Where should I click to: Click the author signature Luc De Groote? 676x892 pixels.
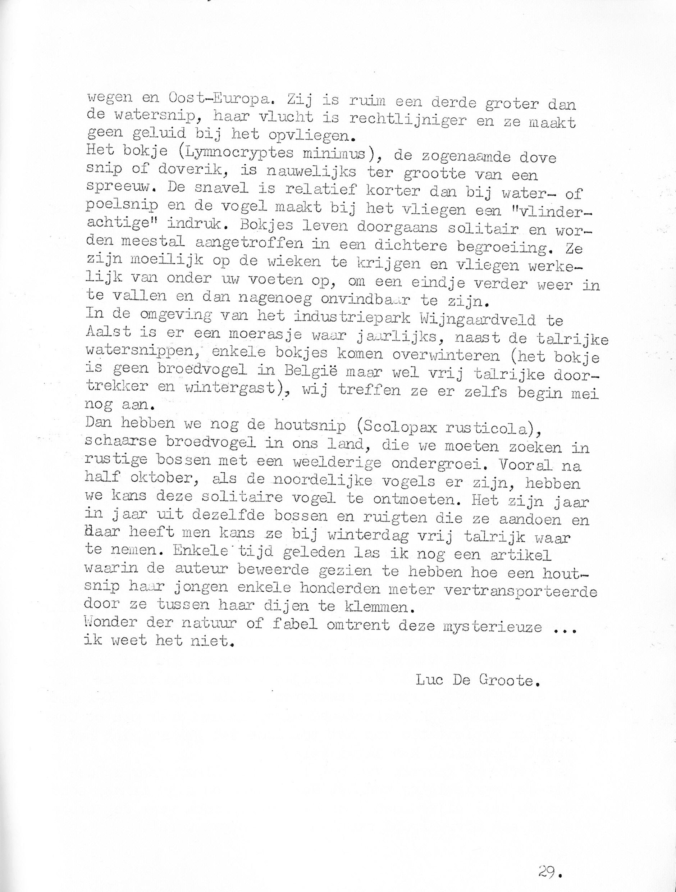(478, 681)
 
